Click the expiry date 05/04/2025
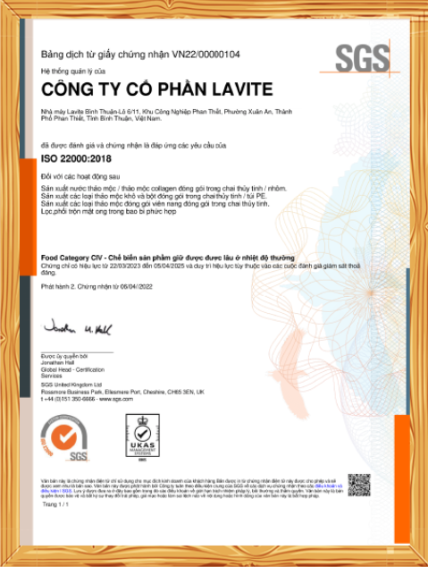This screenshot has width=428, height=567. tap(172, 265)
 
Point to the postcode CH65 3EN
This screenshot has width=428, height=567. tap(182, 392)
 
